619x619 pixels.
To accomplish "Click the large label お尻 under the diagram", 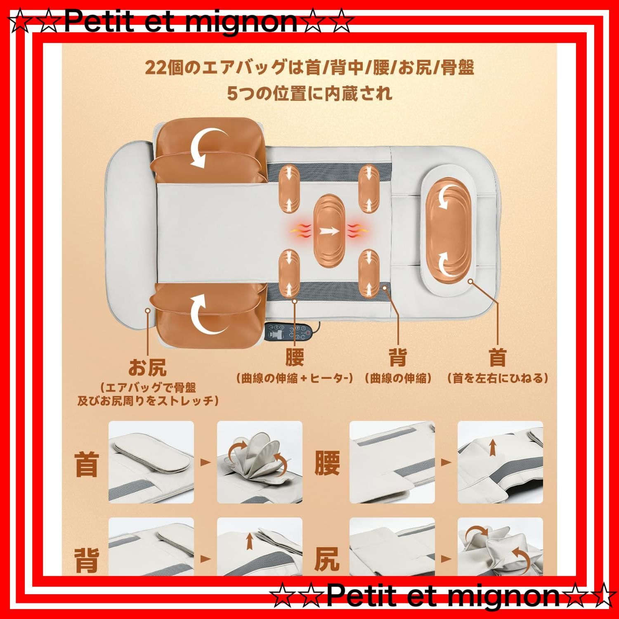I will pyautogui.click(x=147, y=367).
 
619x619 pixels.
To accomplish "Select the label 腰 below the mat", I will pyautogui.click(x=295, y=357).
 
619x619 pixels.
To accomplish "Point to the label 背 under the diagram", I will pyautogui.click(x=398, y=357).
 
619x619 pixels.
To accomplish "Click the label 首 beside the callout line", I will pyautogui.click(x=497, y=357).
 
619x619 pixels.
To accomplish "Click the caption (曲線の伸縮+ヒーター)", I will pyautogui.click(x=295, y=378).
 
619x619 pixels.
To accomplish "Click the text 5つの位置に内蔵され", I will pyautogui.click(x=309, y=94).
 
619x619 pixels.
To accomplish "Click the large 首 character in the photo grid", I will pyautogui.click(x=87, y=464).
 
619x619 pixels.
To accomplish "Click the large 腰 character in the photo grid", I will pyautogui.click(x=327, y=463).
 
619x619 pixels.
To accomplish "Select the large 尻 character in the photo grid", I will pyautogui.click(x=327, y=559).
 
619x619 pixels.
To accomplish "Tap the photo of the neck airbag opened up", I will pyautogui.click(x=260, y=462).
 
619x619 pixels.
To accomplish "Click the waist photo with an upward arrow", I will pyautogui.click(x=500, y=462).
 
